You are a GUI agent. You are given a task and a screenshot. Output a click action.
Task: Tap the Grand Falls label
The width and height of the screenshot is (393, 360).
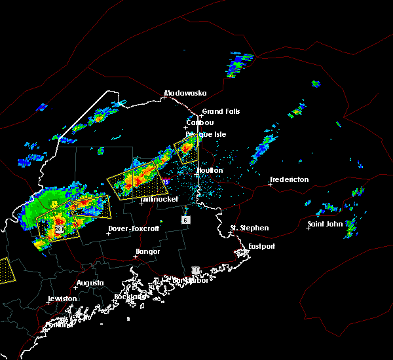[221, 111]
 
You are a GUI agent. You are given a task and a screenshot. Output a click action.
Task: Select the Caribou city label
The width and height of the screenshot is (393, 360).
[200, 122]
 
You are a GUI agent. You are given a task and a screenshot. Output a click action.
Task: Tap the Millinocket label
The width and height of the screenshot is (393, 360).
[159, 199]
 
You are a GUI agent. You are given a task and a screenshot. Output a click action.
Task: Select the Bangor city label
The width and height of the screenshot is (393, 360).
[147, 251]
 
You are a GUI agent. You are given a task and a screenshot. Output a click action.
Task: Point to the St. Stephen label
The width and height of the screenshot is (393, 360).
[249, 228]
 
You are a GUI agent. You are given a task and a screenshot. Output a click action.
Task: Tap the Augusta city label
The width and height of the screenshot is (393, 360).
[90, 283]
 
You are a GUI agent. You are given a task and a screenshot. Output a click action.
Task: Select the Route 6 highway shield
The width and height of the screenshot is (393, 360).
[186, 221]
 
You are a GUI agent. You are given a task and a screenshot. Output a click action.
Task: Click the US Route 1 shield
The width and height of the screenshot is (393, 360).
[195, 270]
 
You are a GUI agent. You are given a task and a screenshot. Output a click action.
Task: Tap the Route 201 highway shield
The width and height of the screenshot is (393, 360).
[58, 230]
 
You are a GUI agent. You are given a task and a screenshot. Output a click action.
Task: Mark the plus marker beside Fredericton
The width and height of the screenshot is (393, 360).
[270, 184]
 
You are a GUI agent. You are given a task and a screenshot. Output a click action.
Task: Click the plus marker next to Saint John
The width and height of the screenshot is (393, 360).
[308, 228]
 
